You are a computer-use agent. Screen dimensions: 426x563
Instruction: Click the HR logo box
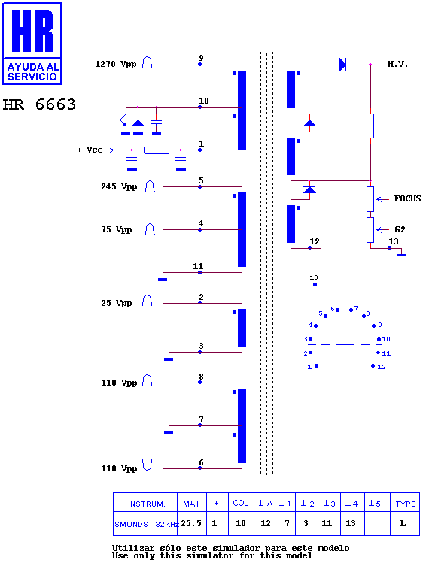click(x=32, y=44)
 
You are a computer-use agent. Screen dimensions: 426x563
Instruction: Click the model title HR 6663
click(x=39, y=104)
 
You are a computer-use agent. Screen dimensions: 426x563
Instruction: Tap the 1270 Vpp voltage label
click(x=115, y=65)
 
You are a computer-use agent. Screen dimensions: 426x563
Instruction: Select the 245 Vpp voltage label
click(x=119, y=186)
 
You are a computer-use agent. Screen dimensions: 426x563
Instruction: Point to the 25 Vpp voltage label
click(x=116, y=304)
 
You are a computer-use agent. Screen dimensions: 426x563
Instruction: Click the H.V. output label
click(x=397, y=65)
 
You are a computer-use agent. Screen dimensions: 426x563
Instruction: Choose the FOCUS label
click(x=407, y=198)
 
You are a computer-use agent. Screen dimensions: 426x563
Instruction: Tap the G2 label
click(x=400, y=229)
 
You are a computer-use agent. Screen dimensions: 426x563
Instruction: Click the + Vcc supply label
click(x=90, y=150)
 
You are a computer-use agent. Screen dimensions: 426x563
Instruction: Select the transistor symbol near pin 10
click(x=120, y=120)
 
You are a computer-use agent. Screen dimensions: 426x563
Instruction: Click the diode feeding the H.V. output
click(x=343, y=65)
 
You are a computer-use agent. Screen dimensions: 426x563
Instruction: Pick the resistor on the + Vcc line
click(x=157, y=150)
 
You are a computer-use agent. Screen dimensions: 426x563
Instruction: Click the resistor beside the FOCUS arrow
click(x=370, y=199)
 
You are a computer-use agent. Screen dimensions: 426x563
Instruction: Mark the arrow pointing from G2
click(x=382, y=229)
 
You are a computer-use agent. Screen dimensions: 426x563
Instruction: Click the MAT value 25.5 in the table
click(x=191, y=523)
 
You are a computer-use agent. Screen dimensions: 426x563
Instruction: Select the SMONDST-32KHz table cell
click(x=146, y=524)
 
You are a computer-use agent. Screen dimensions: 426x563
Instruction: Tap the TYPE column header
click(x=405, y=504)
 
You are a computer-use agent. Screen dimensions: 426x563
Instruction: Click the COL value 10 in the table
click(x=241, y=523)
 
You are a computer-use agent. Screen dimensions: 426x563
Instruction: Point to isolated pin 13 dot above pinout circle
click(x=315, y=285)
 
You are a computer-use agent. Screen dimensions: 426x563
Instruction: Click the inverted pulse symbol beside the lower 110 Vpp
click(x=147, y=465)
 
